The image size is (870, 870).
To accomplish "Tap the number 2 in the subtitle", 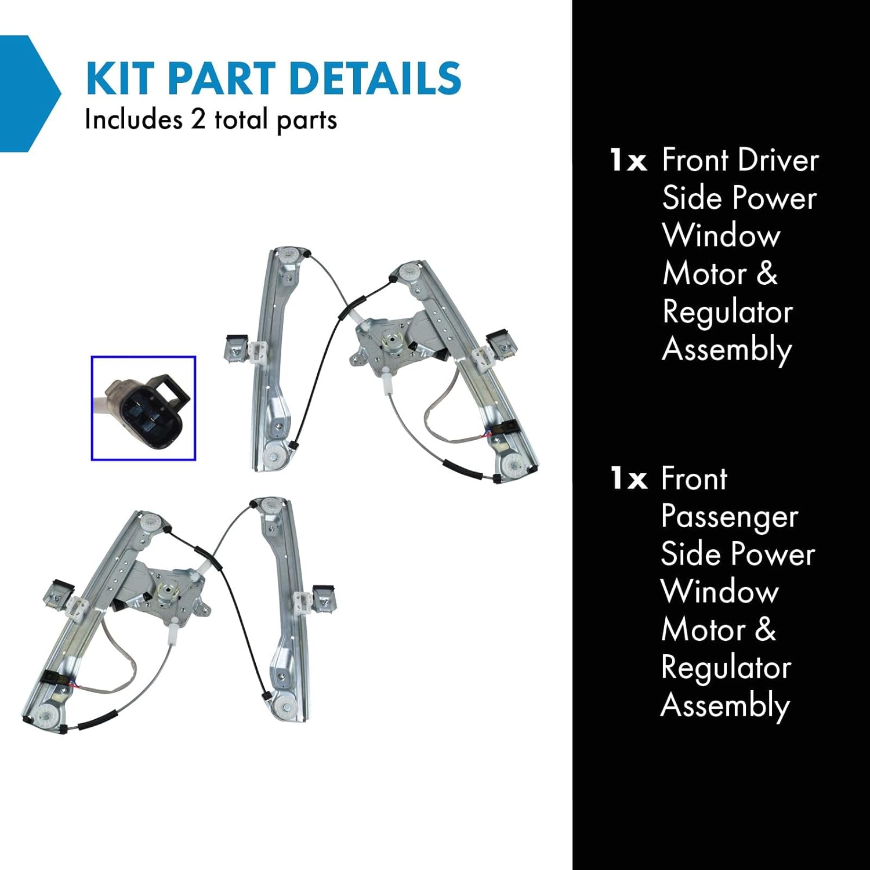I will (198, 120).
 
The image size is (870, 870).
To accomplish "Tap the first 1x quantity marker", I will (628, 160).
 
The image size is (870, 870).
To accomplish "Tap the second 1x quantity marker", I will (628, 479).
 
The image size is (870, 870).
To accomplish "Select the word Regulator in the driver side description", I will (727, 312).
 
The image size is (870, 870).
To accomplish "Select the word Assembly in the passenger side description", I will (725, 706).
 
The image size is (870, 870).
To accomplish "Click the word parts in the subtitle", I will (306, 121).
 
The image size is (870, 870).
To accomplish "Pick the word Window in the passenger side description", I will (720, 592).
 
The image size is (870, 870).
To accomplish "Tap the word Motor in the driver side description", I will (704, 274).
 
